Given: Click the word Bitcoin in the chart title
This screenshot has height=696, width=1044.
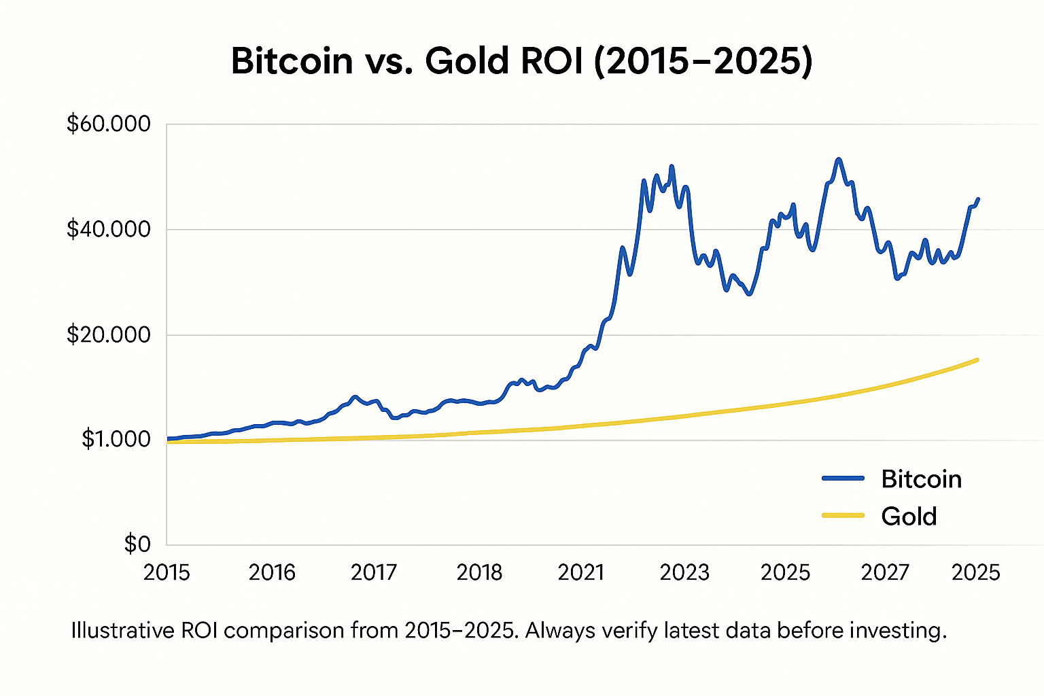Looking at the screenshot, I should tap(292, 61).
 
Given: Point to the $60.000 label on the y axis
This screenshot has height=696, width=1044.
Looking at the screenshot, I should tap(109, 124).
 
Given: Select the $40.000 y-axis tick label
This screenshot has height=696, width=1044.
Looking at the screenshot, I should tap(109, 230).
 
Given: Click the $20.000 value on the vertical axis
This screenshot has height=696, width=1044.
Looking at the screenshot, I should tap(109, 335).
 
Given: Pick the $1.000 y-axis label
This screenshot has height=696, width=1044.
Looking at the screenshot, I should tap(116, 440).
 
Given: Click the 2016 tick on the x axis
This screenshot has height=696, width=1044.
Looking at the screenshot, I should tap(272, 573).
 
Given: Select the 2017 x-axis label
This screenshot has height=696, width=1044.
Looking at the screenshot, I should tap(374, 573).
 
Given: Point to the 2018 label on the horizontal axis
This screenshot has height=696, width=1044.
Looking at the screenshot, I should tap(479, 573).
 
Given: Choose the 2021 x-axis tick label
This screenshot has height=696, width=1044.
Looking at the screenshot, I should tap(581, 573).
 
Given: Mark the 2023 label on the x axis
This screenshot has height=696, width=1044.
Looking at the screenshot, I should tap(684, 573).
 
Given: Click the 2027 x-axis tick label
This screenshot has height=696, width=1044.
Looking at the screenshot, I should tap(885, 573).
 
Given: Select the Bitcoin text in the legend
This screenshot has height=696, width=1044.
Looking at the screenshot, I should tap(921, 479).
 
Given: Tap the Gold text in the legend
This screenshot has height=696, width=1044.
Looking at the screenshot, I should tap(909, 517).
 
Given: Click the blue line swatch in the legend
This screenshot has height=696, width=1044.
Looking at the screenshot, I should tap(843, 478).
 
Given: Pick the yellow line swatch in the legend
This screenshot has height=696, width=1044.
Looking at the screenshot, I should tap(843, 516).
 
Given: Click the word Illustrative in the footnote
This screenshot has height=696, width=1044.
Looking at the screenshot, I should tap(123, 631).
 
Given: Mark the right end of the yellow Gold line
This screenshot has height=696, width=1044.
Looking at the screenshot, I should tap(977, 360).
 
